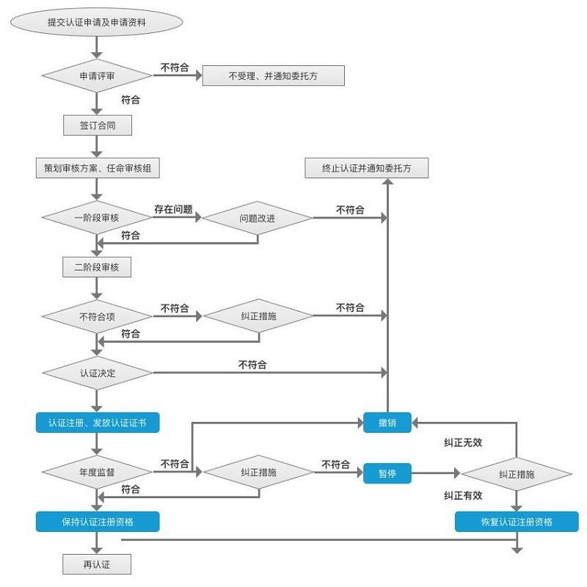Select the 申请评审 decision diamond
point(97,76)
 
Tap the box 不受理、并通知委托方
point(273,76)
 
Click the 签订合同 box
point(97,125)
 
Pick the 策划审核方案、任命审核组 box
point(97,168)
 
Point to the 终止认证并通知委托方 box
point(366,168)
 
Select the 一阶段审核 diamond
point(97,218)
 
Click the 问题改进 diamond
point(258,218)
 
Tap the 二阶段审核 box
point(97,268)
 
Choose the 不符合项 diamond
point(97,317)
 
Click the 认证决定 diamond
point(97,373)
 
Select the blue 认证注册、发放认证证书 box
point(97,423)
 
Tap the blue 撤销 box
point(387,423)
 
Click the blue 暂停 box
point(387,473)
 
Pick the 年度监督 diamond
point(97,473)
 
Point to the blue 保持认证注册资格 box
point(97,522)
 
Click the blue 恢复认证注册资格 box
point(517,522)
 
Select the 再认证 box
point(97,564)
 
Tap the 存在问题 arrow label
point(173,210)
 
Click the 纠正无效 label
point(463,442)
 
